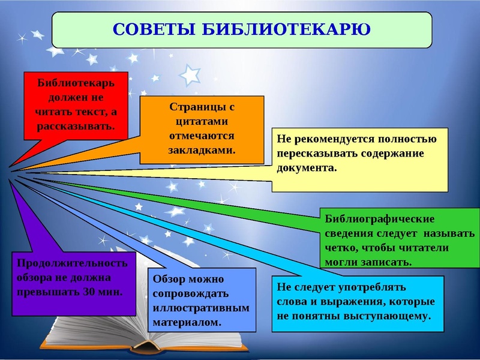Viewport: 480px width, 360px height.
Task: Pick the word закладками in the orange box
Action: (x=202, y=150)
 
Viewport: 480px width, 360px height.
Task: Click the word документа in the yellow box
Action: (x=305, y=167)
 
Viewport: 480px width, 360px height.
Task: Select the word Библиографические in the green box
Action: (x=379, y=219)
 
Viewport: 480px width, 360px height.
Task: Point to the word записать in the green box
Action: (x=389, y=262)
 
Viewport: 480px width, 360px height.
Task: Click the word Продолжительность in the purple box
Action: (x=73, y=263)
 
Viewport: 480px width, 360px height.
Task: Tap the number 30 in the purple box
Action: (x=89, y=292)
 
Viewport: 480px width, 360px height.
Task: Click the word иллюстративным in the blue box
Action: (x=200, y=308)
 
